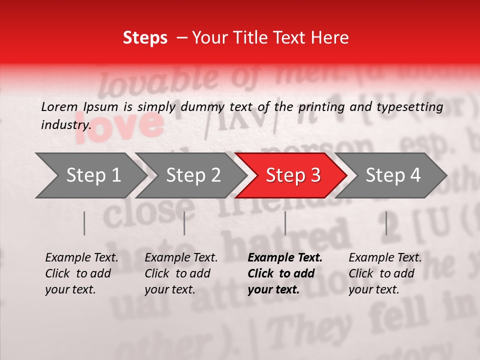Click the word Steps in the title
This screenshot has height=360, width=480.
point(145,37)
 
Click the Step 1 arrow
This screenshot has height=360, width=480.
point(90,175)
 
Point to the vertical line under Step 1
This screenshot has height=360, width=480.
point(84,223)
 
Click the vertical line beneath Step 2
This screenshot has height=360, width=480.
point(184,223)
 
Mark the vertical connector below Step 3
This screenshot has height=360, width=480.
point(285,223)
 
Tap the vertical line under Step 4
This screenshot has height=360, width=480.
point(386,223)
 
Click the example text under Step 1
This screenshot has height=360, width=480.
point(81,273)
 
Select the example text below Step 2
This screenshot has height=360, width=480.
point(181,273)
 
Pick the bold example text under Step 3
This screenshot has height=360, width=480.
point(285,273)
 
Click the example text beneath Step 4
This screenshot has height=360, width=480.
point(385,273)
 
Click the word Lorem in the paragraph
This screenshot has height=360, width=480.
point(59,106)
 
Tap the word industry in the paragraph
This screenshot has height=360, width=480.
point(66,124)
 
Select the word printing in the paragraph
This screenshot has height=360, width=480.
point(322,106)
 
